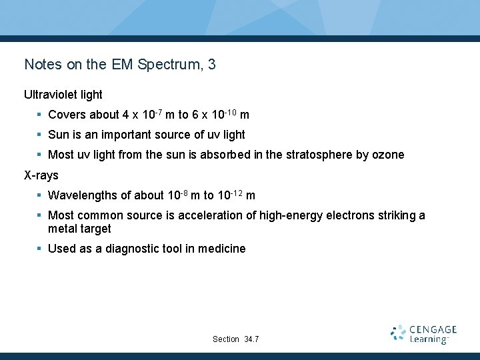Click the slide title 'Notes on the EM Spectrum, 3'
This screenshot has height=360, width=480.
120,65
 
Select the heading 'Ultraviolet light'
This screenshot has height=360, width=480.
63,95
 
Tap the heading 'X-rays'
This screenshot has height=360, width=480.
41,175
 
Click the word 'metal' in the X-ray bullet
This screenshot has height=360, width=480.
62,229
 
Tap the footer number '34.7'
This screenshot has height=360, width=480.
251,339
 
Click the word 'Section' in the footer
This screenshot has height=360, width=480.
226,339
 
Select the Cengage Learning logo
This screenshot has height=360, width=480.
424,334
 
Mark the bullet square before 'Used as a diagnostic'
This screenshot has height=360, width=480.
40,249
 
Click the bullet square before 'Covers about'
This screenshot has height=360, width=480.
40,115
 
